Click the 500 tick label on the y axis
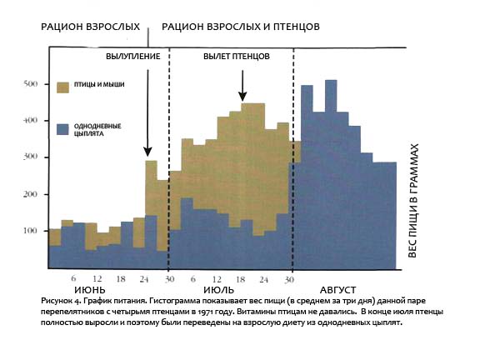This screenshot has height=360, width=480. [x=30, y=84]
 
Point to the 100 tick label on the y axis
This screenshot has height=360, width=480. [x=30, y=231]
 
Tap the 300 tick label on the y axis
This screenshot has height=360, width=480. [x=30, y=157]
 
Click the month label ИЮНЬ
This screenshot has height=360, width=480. [x=90, y=290]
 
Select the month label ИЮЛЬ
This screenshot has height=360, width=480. [x=218, y=290]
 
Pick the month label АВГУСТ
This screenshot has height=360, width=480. [x=338, y=290]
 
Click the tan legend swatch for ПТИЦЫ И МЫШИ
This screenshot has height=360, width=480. [x=62, y=87]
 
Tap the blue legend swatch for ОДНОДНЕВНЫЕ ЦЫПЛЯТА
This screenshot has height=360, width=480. [x=62, y=129]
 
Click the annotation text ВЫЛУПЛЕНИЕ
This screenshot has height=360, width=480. [x=133, y=57]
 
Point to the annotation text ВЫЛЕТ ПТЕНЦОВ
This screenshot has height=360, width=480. [x=237, y=57]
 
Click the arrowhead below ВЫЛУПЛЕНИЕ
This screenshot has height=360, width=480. [x=147, y=152]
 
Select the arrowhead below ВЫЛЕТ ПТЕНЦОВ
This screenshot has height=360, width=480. [x=242, y=97]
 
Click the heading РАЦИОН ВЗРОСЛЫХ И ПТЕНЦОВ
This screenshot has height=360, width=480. [x=241, y=27]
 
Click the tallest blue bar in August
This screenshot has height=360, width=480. [x=331, y=174]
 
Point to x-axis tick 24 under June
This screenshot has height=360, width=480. [x=144, y=279]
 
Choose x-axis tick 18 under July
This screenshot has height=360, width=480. [x=241, y=279]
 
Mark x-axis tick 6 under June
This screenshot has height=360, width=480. [x=73, y=278]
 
